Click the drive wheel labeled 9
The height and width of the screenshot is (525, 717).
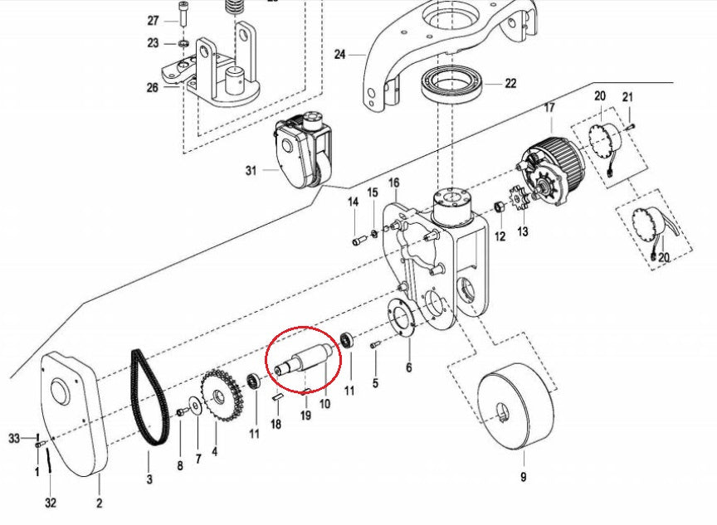[515, 410]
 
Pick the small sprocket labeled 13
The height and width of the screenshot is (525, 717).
[520, 202]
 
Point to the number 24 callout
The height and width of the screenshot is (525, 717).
[339, 55]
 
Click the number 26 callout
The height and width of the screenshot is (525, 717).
[153, 87]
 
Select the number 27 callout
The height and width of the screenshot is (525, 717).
[153, 21]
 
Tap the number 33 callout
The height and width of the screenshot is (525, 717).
[13, 437]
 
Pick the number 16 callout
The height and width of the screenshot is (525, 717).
[393, 182]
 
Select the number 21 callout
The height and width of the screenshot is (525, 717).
[627, 97]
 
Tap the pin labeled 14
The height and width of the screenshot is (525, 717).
[358, 241]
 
